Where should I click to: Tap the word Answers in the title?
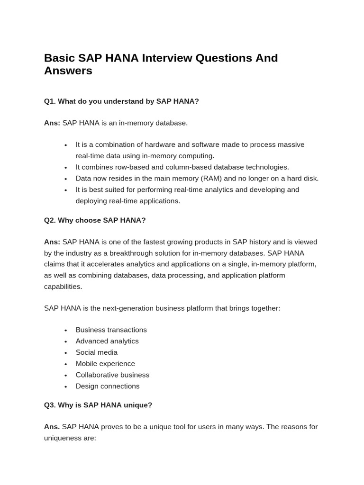point(68,71)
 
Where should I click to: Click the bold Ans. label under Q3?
point(52,427)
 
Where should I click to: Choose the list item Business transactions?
point(111,330)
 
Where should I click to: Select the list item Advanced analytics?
point(107,341)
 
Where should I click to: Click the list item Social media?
point(96,352)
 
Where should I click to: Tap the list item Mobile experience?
point(105,364)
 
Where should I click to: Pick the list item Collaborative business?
point(112,375)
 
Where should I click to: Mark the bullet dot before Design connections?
point(65,386)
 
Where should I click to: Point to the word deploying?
point(91,201)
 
